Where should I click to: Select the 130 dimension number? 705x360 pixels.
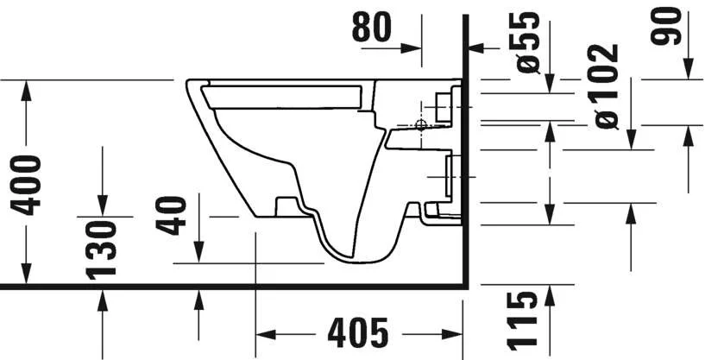[x=103, y=248]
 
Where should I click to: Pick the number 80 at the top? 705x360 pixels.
[x=371, y=28]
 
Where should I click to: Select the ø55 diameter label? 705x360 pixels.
[x=528, y=41]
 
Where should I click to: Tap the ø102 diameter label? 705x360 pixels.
[x=607, y=86]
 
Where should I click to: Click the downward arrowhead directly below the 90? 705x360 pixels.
[x=689, y=70]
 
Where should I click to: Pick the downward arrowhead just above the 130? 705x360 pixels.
[x=103, y=206]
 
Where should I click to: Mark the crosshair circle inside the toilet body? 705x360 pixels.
[x=421, y=125]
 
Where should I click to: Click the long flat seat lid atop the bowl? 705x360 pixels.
[x=285, y=95]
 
